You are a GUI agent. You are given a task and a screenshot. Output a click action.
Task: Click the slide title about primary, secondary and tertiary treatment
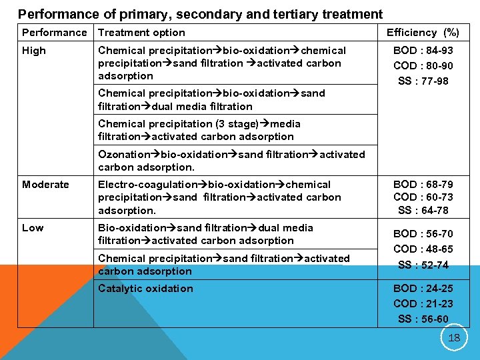tap(200, 14)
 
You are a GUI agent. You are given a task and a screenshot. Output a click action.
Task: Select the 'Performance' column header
tap(54, 33)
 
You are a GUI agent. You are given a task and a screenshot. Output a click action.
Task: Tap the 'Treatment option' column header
tap(141, 33)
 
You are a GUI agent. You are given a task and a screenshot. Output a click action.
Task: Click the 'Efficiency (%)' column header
tap(423, 33)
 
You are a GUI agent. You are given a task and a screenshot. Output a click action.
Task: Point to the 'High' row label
tap(34, 51)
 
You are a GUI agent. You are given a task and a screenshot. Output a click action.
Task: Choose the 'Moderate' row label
tap(45, 185)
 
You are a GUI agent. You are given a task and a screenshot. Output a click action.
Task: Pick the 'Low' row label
tap(33, 228)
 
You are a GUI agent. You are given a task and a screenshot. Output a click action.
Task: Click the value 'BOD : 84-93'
tap(423, 51)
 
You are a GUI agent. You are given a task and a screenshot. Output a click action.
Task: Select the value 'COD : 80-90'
tap(423, 66)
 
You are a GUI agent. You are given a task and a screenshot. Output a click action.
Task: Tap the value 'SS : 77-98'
tap(423, 81)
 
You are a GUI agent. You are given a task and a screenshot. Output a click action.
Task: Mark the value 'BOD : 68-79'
tap(423, 185)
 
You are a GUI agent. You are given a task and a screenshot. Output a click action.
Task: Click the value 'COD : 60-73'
tap(423, 197)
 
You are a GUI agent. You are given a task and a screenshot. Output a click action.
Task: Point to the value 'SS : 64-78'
tap(423, 211)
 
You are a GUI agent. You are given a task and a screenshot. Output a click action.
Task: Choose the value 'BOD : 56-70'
tap(423, 234)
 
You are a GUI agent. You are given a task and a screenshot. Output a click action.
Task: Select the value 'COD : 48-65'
tap(423, 249)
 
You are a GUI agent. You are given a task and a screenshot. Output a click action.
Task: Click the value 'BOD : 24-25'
tap(423, 289)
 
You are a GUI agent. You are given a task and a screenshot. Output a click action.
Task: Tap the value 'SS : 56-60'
tap(423, 319)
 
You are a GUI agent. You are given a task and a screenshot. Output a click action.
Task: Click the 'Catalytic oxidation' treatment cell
tap(145, 289)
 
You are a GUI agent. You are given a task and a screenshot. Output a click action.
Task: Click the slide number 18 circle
tap(454, 337)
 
